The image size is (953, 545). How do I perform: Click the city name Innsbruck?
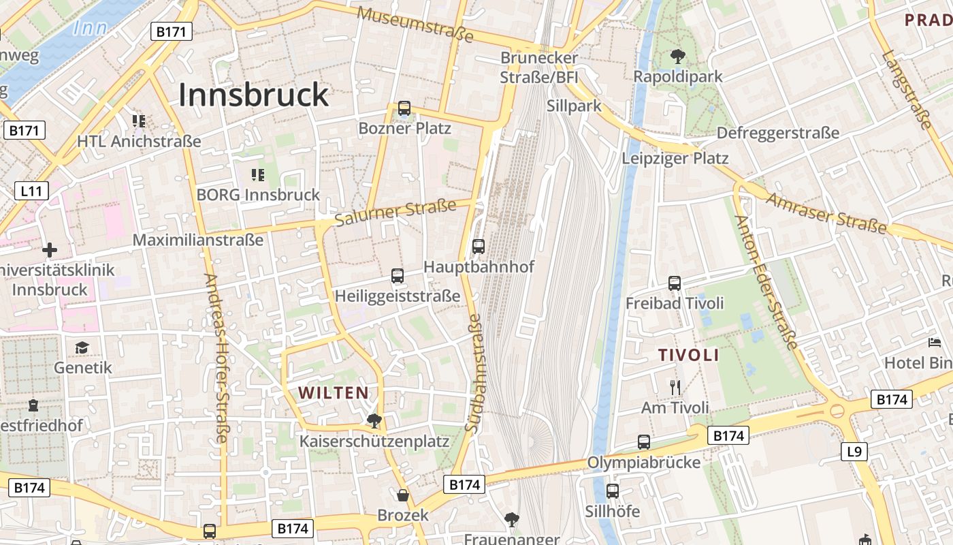[x=253, y=95]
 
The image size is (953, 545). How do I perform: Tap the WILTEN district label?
[x=334, y=392]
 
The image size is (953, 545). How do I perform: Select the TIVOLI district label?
[x=688, y=355]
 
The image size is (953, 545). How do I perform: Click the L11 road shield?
[x=31, y=191]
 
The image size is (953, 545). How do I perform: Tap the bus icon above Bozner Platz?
[x=404, y=108]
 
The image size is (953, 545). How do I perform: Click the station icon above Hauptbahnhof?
[x=479, y=247]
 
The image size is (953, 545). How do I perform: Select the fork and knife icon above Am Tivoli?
[x=675, y=388]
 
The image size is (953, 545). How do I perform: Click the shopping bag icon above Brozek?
[x=403, y=495]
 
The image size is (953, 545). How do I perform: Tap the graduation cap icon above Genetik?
[x=82, y=348]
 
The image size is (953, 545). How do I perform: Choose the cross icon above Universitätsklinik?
[x=49, y=250]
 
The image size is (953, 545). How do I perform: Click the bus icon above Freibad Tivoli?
[x=675, y=283]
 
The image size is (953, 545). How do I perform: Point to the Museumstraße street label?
[x=415, y=25]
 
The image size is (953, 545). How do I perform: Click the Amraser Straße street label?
[x=826, y=213]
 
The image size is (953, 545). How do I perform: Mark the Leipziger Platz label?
[x=675, y=159]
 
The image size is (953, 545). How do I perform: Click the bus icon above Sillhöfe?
[x=612, y=490]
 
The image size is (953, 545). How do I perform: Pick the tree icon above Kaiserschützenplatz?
[x=374, y=420]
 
